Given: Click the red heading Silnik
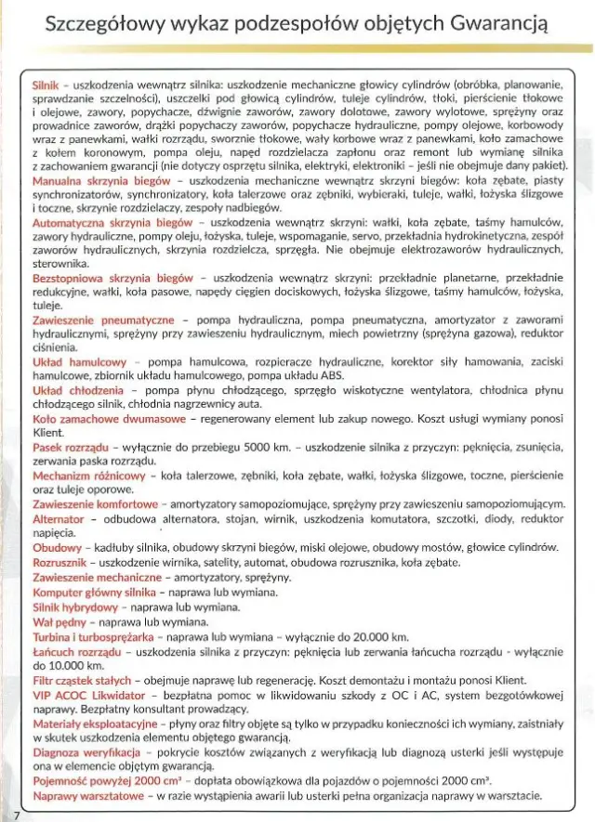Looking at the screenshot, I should point(46,84).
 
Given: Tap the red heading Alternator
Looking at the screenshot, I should point(58,519).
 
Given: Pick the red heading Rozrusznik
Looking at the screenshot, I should point(59,563).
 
